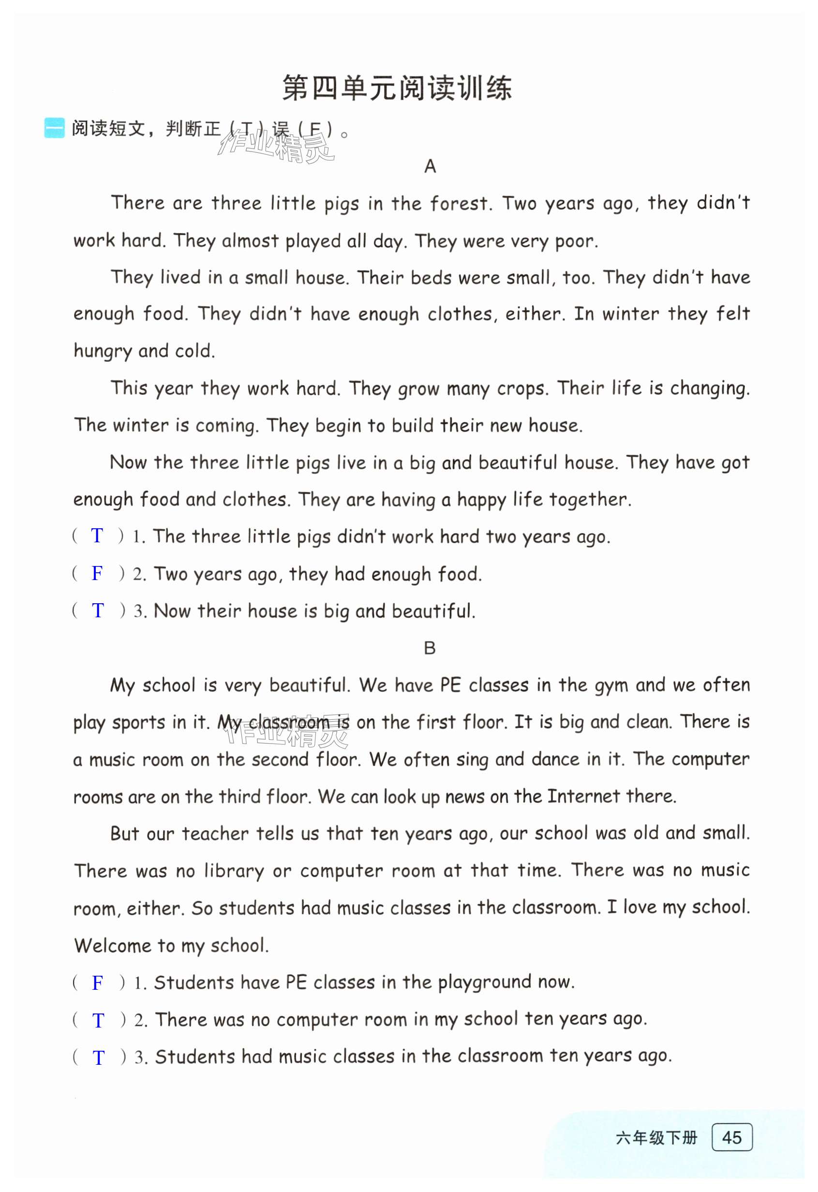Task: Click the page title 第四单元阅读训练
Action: click(x=397, y=88)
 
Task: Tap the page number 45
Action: click(x=732, y=1138)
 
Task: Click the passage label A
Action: click(x=430, y=166)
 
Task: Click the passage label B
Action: click(x=430, y=648)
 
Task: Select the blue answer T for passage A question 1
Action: click(x=97, y=536)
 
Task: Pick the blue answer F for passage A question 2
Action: click(x=97, y=573)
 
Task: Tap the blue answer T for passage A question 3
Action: click(x=97, y=611)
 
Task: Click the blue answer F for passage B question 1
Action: click(x=97, y=983)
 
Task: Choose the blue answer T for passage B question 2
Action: click(x=98, y=1021)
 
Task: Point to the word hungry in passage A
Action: click(x=103, y=351)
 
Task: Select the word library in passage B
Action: click(x=234, y=871)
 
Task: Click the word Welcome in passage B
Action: click(x=112, y=945)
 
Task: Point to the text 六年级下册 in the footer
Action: click(x=656, y=1138)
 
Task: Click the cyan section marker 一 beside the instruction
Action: click(x=54, y=128)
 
